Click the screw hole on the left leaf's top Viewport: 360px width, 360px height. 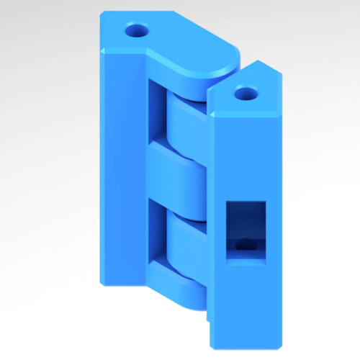[x=135, y=31]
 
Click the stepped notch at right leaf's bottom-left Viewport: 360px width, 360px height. [x=208, y=317]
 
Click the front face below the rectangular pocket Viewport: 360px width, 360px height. [x=245, y=302]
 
